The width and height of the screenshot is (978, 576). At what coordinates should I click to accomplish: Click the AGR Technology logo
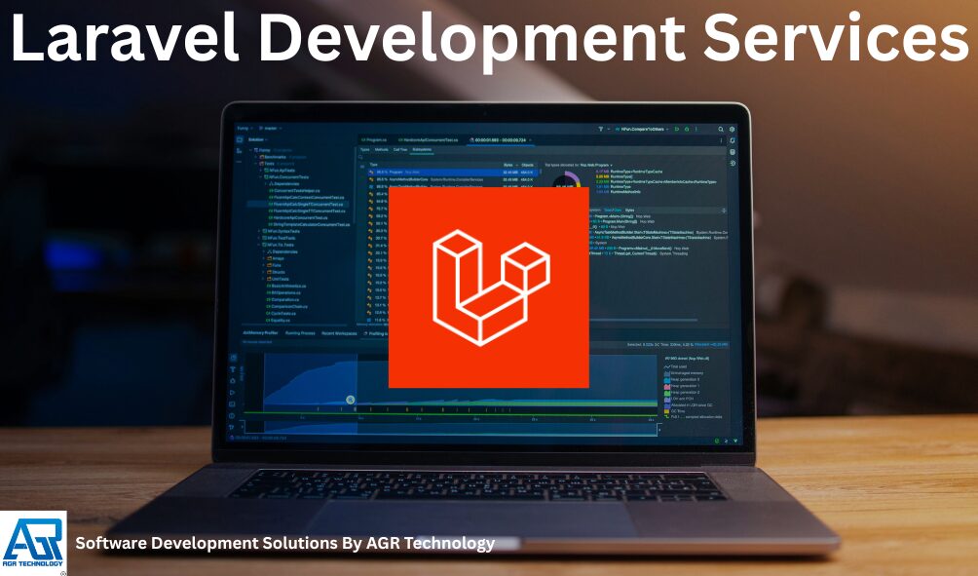click(32, 542)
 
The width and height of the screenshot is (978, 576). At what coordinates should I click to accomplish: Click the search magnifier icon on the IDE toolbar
click(720, 129)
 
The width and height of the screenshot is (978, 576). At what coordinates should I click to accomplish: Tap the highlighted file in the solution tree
click(302, 204)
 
